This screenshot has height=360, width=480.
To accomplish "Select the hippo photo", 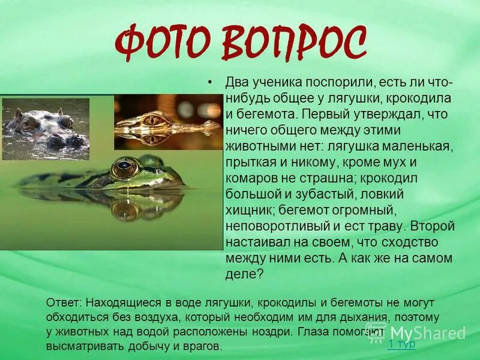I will click(x=46, y=129).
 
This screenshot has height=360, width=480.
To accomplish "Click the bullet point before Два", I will click(x=209, y=82).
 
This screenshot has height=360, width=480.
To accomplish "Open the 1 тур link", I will click(x=401, y=344).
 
